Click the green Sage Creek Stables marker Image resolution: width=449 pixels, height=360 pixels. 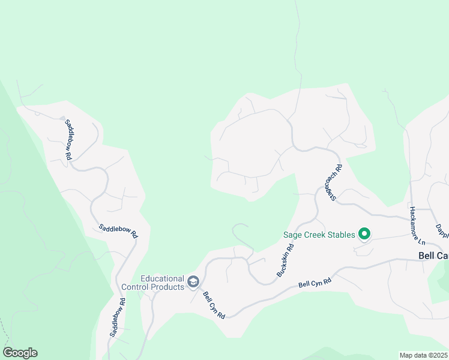(364, 234)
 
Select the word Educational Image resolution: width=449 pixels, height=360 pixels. (161, 278)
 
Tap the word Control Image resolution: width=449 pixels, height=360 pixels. (136, 287)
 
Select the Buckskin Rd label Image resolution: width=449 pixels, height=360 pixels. (286, 260)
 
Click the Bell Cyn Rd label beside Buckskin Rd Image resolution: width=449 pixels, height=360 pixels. (315, 282)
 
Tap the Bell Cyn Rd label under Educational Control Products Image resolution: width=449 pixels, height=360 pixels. (214, 305)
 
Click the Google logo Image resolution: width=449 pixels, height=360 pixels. (20, 353)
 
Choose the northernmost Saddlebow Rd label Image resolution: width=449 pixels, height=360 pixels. (68, 139)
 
